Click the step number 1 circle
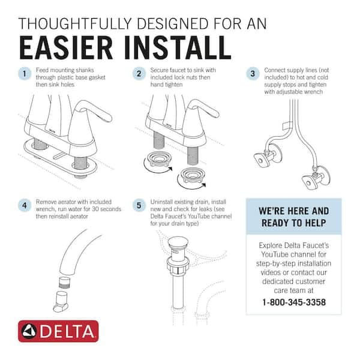point(24,74)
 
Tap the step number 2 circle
point(140,74)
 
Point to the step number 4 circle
point(24,205)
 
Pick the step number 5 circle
point(140,205)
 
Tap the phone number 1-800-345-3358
point(293,302)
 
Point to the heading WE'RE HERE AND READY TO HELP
point(293,217)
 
